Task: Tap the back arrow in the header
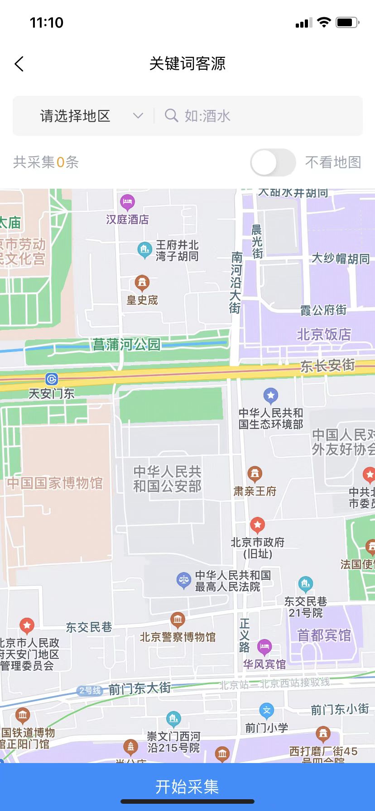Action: click(19, 64)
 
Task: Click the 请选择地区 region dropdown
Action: click(91, 116)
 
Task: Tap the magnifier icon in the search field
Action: click(171, 116)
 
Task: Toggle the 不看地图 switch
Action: click(273, 162)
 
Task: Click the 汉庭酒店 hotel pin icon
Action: click(127, 201)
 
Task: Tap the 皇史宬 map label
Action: click(142, 300)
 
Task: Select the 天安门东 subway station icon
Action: click(52, 379)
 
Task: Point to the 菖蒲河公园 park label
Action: click(126, 345)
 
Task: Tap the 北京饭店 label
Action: click(324, 334)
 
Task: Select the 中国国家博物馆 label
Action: click(55, 483)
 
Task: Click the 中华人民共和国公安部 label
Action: click(167, 479)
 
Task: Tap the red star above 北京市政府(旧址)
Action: click(258, 525)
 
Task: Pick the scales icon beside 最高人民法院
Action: click(183, 580)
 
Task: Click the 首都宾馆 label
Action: click(324, 635)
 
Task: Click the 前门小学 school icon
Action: click(267, 710)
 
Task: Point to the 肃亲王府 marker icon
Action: click(255, 474)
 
